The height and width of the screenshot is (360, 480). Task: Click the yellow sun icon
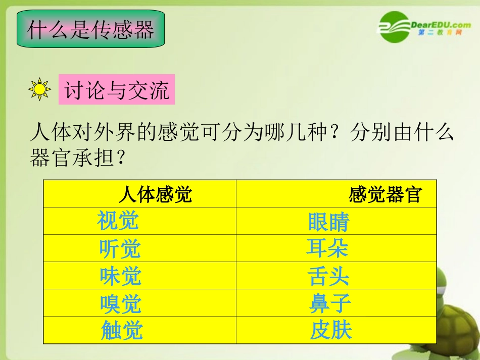click(40, 89)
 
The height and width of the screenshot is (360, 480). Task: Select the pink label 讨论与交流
click(117, 91)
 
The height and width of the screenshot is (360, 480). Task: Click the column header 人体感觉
click(155, 194)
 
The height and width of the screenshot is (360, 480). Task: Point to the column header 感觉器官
click(385, 194)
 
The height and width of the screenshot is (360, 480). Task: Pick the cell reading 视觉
click(118, 221)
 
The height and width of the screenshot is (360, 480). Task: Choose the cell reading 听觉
click(120, 248)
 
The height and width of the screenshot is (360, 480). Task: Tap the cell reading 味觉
click(120, 276)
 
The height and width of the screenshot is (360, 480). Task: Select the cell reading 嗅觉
click(120, 304)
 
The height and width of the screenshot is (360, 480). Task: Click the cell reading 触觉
click(122, 331)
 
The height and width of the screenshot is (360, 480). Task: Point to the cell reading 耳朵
click(327, 248)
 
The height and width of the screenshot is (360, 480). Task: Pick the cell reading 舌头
click(328, 276)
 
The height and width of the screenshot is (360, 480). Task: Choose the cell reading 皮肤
click(331, 331)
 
